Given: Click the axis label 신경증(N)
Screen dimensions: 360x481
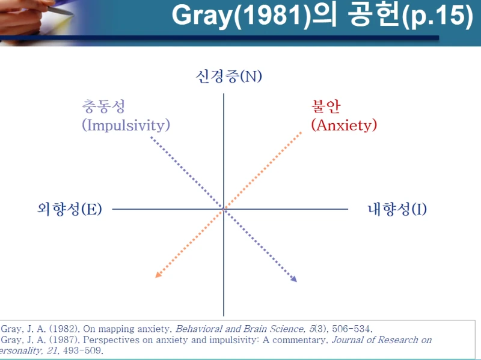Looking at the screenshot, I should (229, 76).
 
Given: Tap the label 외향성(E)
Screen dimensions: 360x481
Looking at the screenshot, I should (69, 209).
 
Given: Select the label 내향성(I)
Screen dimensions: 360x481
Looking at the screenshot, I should (397, 209).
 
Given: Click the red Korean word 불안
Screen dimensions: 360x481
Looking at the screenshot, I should (325, 106).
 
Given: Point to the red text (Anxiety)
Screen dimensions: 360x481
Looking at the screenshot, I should (344, 125).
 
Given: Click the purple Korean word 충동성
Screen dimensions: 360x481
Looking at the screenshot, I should (103, 106).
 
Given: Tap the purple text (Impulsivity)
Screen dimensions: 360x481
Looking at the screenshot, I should (126, 125).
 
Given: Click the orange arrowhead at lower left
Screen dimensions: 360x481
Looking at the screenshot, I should (158, 275).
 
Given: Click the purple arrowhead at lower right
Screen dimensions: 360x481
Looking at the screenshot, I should (293, 279).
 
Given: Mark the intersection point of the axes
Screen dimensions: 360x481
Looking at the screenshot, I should (224, 209).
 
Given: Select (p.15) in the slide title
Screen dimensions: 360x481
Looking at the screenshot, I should (434, 16).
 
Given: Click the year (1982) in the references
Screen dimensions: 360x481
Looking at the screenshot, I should (63, 329).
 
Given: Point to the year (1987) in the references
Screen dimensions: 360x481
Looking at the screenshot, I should (63, 340).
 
